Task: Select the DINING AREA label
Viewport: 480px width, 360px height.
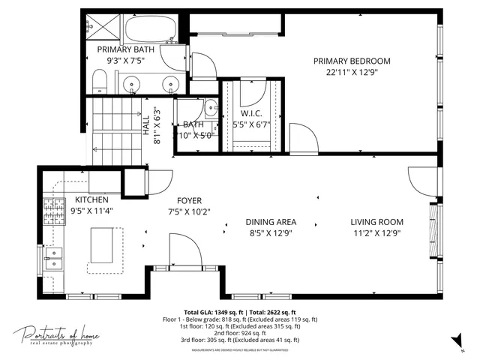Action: coord(271,222)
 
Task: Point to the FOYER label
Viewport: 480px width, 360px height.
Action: coord(190,200)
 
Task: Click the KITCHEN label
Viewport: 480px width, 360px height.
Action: coord(91,200)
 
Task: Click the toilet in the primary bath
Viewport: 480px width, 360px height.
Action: coord(98,80)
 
